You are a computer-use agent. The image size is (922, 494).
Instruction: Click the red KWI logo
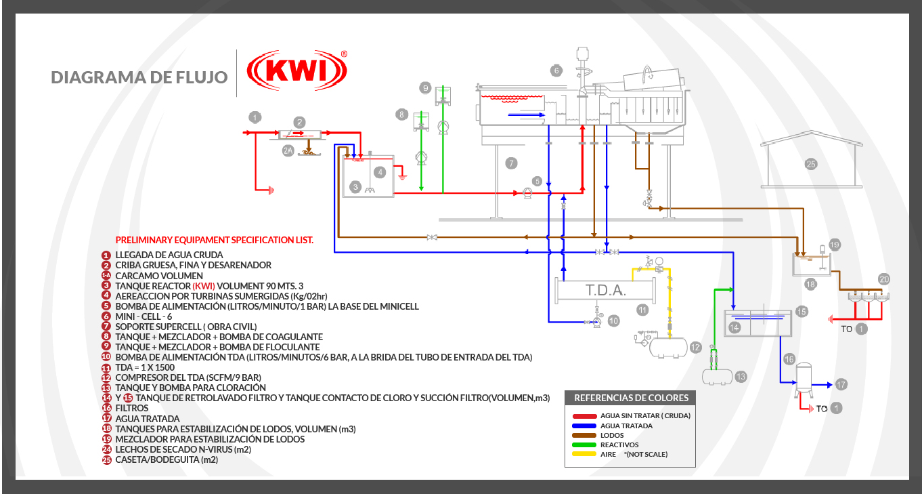[297, 73]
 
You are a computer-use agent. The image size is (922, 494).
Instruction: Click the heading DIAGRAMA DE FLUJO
[139, 77]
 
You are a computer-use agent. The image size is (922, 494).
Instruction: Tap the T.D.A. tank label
[605, 291]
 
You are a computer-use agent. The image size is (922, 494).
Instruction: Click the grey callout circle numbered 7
[512, 163]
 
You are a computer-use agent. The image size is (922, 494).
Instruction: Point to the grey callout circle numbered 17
[841, 384]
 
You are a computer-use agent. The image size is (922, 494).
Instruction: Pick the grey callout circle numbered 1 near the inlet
[255, 117]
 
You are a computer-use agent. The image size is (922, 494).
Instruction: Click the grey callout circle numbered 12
[695, 348]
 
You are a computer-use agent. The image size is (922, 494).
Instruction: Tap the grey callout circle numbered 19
[834, 245]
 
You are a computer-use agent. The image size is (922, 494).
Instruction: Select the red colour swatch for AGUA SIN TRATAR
[584, 415]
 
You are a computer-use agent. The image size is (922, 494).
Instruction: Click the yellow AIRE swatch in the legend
[584, 454]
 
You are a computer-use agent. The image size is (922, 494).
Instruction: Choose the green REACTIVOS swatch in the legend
[584, 445]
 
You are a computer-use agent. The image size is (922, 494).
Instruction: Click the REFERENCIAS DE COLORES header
[631, 398]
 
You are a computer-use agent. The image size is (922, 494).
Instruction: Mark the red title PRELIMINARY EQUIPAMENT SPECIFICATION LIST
[215, 240]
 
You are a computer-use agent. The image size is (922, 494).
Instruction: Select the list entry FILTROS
[132, 409]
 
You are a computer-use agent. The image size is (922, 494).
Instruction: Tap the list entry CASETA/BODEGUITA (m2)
[167, 459]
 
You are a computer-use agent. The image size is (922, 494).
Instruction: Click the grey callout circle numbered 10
[613, 321]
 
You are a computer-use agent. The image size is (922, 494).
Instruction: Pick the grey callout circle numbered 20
[883, 279]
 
